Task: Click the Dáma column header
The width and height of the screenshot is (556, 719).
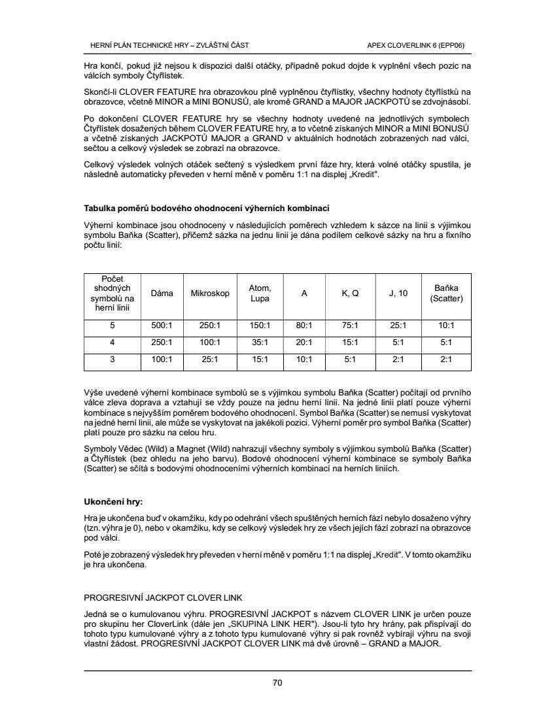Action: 162,293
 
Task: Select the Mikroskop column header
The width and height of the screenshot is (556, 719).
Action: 210,293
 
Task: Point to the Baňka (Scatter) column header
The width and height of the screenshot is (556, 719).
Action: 446,293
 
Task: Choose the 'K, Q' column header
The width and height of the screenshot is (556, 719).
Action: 350,293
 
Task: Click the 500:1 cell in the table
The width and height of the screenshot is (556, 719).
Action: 162,325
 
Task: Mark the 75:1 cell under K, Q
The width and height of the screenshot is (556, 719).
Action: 350,325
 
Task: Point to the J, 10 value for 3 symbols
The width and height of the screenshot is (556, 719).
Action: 398,359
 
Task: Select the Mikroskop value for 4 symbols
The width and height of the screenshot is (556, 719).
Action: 210,342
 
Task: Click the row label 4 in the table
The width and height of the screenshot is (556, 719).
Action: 113,342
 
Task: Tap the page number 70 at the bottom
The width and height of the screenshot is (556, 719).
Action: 277,683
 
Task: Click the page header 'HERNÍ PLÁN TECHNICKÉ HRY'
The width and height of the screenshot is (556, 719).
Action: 169,45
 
